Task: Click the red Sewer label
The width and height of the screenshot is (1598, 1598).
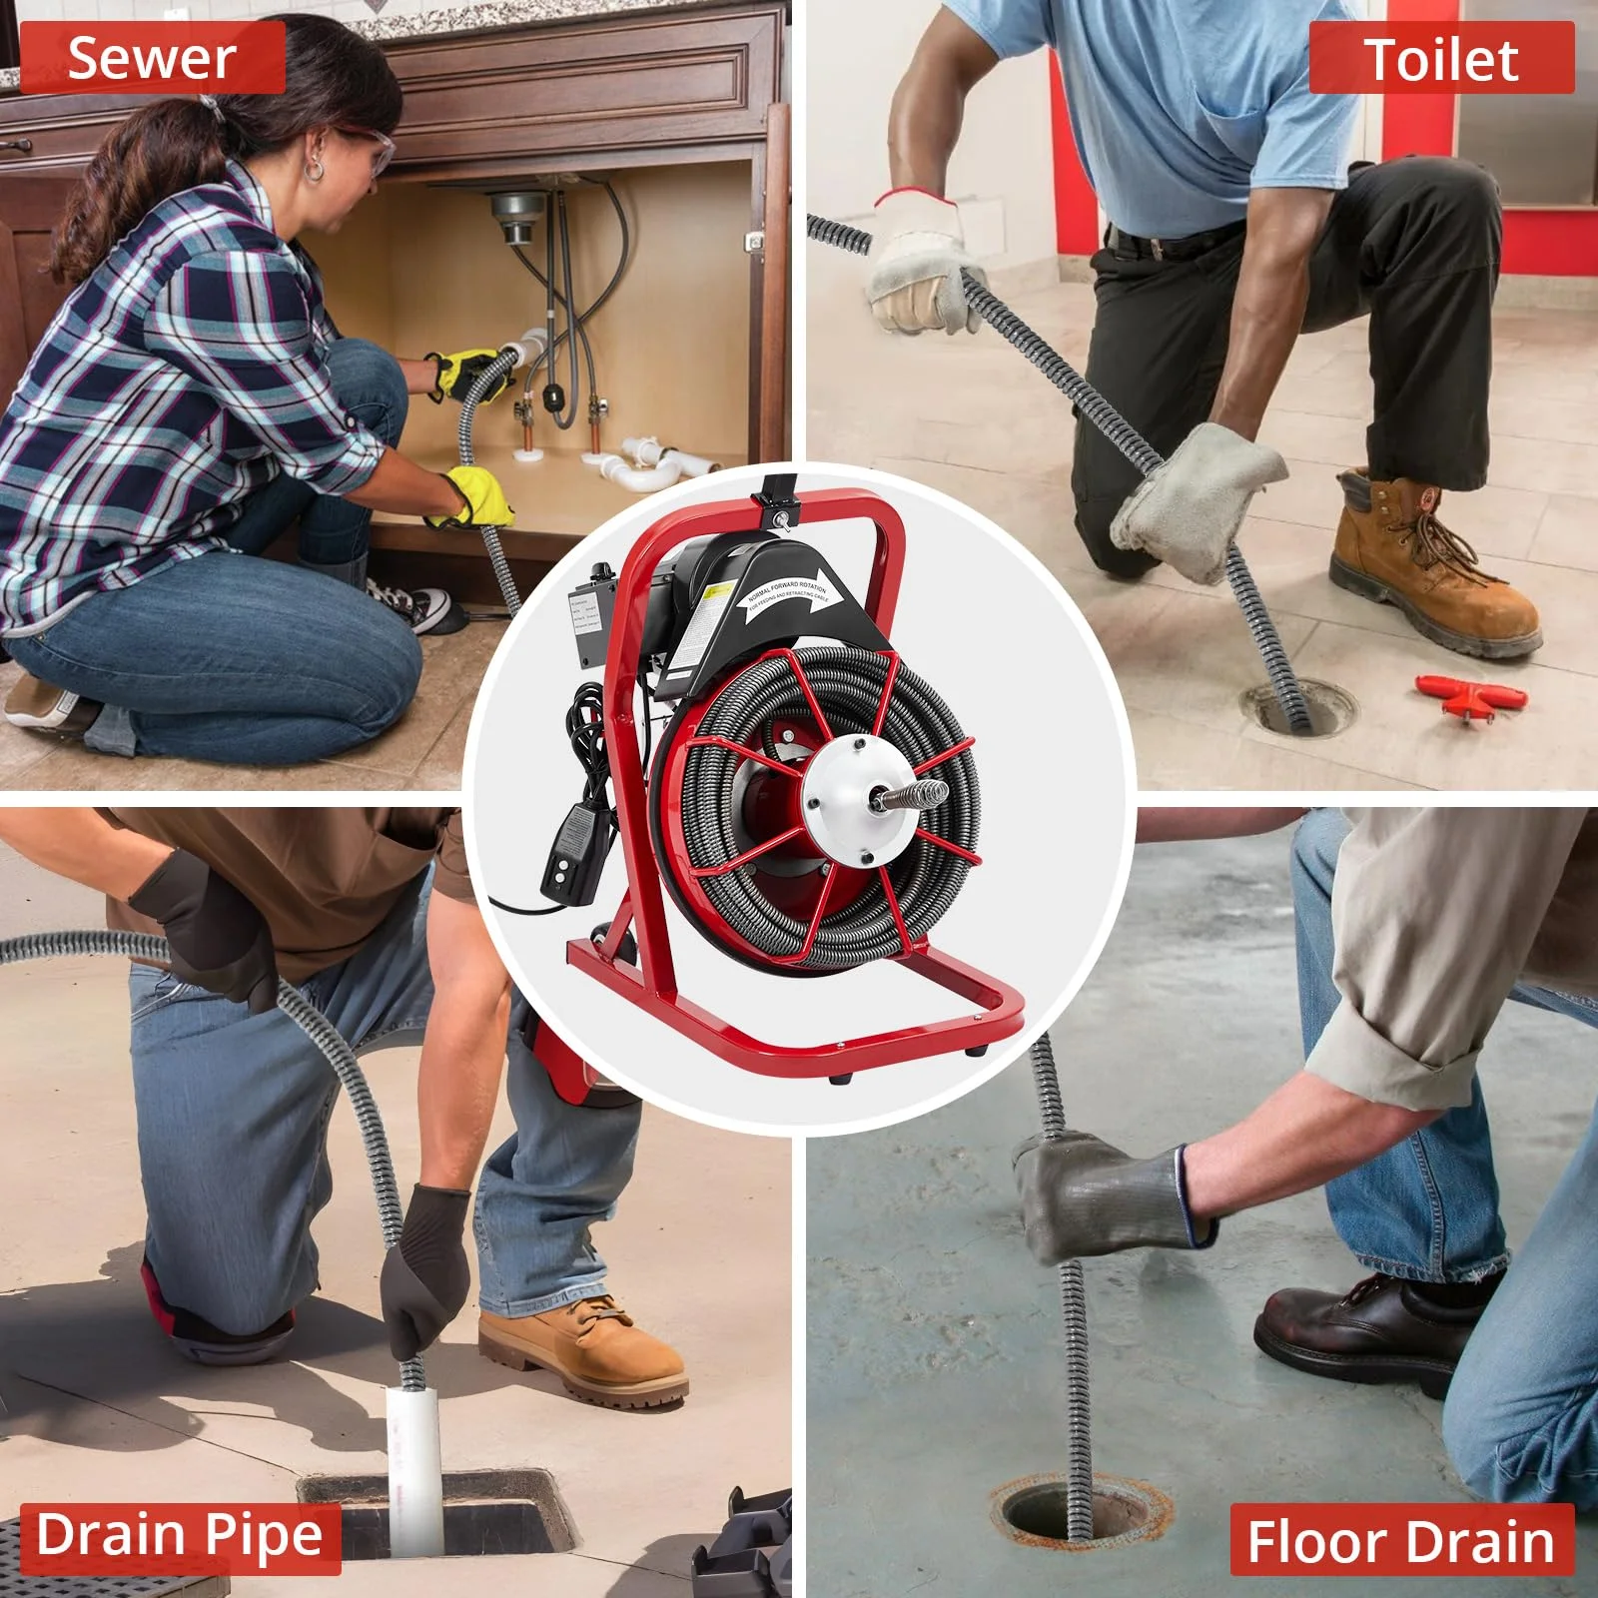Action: pyautogui.click(x=152, y=58)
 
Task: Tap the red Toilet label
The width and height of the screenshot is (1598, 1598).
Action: pyautogui.click(x=1440, y=60)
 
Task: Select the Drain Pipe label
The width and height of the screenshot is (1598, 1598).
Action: pyautogui.click(x=180, y=1536)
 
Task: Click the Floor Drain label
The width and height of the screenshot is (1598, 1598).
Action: pyautogui.click(x=1400, y=1542)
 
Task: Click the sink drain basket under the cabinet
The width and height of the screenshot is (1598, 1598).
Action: pyautogui.click(x=516, y=215)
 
